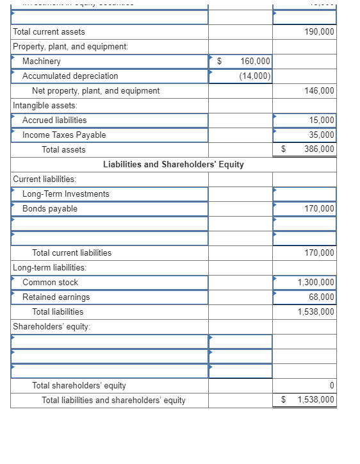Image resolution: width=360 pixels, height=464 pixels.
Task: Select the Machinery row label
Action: coord(42,62)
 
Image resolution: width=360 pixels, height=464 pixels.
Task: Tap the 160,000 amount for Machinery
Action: coord(255,62)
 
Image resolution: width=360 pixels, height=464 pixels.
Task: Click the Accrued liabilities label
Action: coord(54,120)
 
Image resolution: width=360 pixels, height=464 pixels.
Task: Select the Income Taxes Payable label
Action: coord(64,135)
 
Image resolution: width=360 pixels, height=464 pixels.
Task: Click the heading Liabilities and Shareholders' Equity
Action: coord(173,165)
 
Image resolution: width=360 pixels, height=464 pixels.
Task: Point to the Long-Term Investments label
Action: coord(65,194)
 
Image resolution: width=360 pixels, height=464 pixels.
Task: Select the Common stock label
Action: coord(50,283)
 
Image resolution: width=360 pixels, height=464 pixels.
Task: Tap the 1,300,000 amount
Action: coord(316,283)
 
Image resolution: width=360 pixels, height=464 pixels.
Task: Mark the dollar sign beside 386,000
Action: coord(284,149)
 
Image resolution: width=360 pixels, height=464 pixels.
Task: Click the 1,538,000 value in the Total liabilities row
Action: coord(316,312)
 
